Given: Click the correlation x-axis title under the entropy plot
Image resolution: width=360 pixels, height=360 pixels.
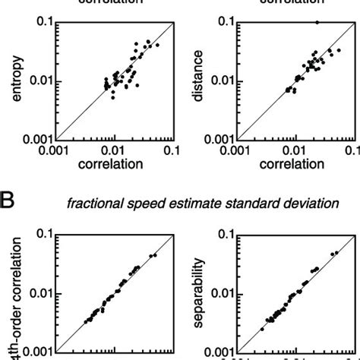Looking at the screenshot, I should [x=114, y=163].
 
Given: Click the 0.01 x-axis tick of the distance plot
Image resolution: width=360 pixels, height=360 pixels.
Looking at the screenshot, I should [x=297, y=150].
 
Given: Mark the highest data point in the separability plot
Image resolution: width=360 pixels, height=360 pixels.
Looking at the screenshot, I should [x=336, y=251].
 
